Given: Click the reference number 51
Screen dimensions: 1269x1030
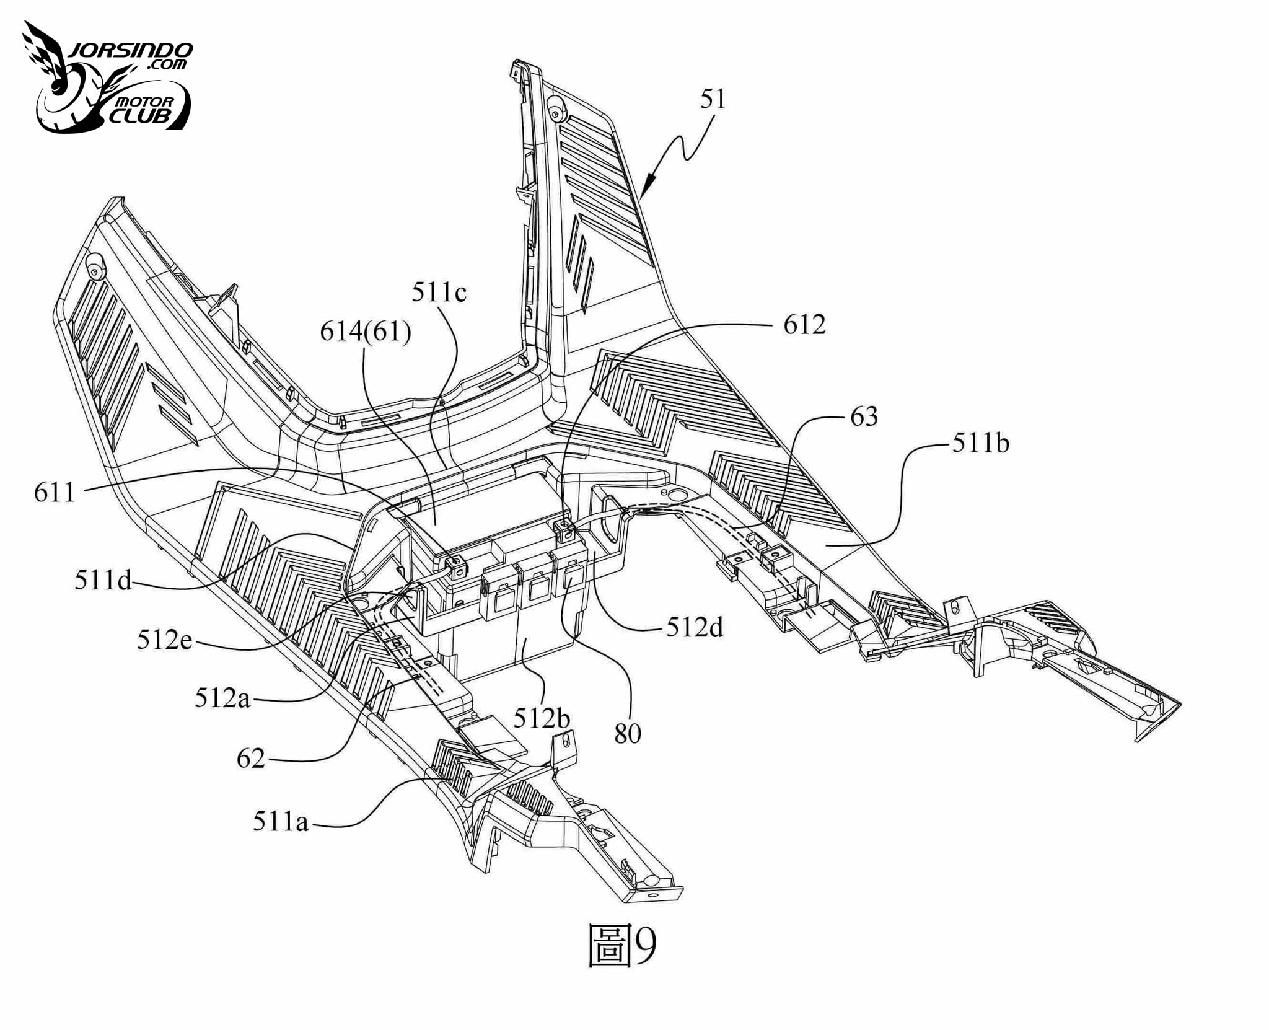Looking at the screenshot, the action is pos(713,99).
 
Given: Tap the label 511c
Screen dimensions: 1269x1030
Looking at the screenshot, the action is pos(439,293).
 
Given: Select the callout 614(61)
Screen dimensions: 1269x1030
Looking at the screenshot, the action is pos(366,332).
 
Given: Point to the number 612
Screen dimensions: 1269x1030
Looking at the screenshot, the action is pos(804,325).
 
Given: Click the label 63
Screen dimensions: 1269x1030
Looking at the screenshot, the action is pos(864,416).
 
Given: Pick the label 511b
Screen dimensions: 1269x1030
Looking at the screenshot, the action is pos(981,443).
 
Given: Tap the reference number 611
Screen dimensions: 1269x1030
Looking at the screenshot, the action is pos(55,493).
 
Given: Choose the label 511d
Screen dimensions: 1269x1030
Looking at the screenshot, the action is pos(103,580).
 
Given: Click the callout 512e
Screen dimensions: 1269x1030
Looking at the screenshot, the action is pos(164,640).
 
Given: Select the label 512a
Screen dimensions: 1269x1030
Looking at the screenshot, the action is pos(222,698).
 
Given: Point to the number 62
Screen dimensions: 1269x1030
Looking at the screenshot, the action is pos(251,759).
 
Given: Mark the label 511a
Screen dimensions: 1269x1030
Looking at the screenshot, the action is pos(280,822).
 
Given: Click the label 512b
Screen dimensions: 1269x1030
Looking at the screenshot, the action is pos(542,718).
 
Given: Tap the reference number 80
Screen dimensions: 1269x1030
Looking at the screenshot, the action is pos(628,734).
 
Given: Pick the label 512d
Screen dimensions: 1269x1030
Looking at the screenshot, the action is pos(695,628).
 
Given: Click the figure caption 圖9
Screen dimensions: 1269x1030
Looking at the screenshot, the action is pos(621,946).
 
